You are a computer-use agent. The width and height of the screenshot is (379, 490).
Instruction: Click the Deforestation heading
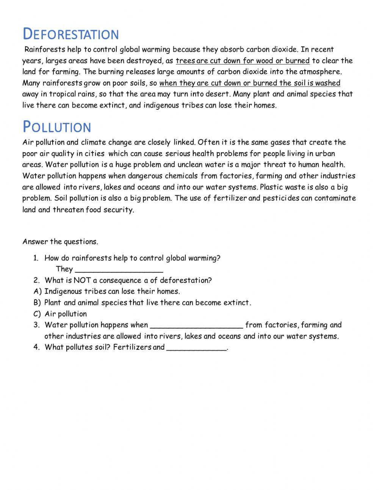pos(71,34)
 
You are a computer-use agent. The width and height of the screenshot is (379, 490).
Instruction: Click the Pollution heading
pos(57,127)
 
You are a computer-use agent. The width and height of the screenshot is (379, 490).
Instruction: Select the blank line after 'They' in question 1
pos(119,270)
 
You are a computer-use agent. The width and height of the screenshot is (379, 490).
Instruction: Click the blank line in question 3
pos(196,326)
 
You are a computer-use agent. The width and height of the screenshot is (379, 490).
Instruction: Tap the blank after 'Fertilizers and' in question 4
pos(196,348)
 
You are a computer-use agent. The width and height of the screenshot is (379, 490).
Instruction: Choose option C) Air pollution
pos(66,314)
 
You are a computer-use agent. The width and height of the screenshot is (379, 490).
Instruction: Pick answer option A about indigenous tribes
pos(112,291)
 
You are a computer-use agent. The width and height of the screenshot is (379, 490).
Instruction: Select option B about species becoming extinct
pos(147,303)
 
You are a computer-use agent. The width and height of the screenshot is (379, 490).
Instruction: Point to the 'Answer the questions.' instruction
pos(60,242)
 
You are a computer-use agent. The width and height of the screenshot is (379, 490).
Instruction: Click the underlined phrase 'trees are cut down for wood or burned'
pos(243,61)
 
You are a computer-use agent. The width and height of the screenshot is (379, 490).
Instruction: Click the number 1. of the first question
pos(36,258)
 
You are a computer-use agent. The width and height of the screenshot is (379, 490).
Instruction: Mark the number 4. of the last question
pos(36,347)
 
